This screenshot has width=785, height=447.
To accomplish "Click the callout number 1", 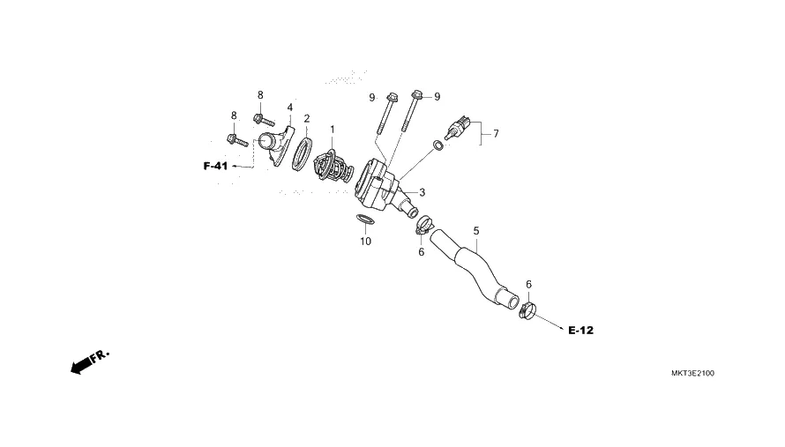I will coord(333,130).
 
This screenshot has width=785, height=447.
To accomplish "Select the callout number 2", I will coord(306,118).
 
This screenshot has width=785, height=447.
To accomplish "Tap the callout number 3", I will coord(422,192).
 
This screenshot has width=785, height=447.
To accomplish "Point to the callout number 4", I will coord(289,108).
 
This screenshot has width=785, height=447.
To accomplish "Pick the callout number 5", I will coord(476,231).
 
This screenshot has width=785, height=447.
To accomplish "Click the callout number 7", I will coord(496,134).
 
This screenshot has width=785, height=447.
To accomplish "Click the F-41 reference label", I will coord(215,166).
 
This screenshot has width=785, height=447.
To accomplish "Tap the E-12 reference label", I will coord(580,331).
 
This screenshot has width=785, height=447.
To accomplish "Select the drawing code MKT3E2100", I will coord(692,374).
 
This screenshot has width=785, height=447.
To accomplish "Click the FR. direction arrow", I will coord(89,361).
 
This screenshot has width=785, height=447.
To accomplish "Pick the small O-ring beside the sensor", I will coord(439,145).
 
